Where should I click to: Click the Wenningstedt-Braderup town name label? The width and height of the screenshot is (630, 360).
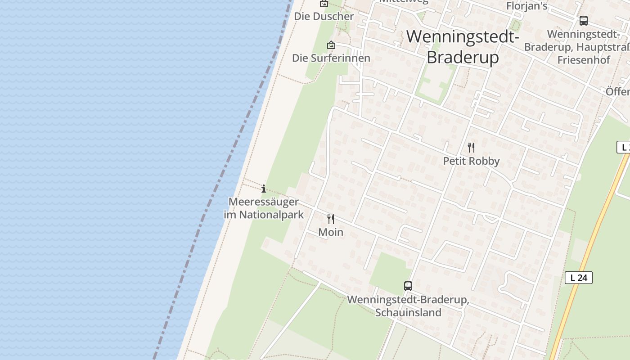coord(463,47)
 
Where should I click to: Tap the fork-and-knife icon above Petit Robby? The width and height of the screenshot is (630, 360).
coord(471,147)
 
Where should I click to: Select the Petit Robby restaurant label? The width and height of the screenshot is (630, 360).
coord(471,161)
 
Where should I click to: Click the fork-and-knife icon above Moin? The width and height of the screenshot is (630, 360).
coord(331,219)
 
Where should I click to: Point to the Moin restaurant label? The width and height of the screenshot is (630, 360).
coord(331,232)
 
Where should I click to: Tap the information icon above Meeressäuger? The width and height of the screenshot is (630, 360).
coord(264,189)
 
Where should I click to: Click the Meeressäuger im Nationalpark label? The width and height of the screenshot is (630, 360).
coord(264,208)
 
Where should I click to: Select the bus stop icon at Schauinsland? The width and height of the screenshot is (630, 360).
coord(408,286)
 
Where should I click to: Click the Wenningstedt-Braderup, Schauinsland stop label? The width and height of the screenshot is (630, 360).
coord(408,306)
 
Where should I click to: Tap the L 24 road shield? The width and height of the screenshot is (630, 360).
coord(578,278)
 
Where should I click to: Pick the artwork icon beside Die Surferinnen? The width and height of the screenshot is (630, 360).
coord(331,45)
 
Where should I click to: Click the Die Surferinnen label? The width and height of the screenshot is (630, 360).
coord(331,58)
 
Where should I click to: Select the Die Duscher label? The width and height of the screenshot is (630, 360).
coord(324,16)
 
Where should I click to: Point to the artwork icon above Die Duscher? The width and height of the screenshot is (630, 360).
coord(324,4)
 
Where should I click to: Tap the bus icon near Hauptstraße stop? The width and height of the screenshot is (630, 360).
coord(584,20)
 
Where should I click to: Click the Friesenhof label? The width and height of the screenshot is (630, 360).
coord(584,60)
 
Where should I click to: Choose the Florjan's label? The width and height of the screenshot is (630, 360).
coord(527,6)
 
